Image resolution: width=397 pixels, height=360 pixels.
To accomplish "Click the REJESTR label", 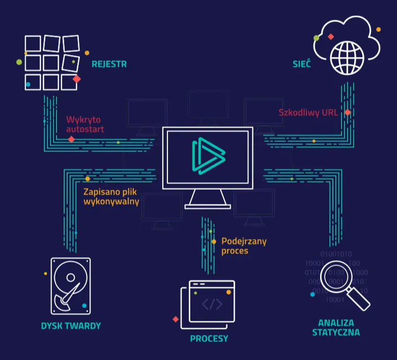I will pos(109,65).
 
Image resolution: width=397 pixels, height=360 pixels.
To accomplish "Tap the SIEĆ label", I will pos(302,65).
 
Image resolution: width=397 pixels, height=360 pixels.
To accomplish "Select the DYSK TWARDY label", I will pos(71,326).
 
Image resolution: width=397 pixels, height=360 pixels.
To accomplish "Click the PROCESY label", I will pos(209,339).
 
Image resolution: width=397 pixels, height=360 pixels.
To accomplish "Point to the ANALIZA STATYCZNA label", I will pos(336,327).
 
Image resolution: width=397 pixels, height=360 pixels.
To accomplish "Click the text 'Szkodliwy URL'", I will pos(308,113).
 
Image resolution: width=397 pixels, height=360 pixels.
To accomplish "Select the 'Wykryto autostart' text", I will pos(85,125).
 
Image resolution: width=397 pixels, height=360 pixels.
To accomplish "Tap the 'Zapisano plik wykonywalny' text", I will pos(111,197).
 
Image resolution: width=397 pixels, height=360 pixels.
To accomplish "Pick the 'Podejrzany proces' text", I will pos(244,246).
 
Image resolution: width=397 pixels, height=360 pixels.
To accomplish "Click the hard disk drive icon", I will pos(70,286).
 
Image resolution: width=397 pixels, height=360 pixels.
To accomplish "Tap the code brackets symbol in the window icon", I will pos(212,304).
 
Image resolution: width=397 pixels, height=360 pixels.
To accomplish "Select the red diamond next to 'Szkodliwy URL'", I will pos(348,112).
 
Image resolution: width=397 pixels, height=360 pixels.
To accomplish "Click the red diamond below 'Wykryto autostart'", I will pos(72,139).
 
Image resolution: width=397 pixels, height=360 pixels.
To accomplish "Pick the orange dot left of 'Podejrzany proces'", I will pos(214,242).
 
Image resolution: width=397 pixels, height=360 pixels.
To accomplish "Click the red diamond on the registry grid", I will pos(77,79).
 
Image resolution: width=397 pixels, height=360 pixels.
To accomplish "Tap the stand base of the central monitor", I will pos(208,206).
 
